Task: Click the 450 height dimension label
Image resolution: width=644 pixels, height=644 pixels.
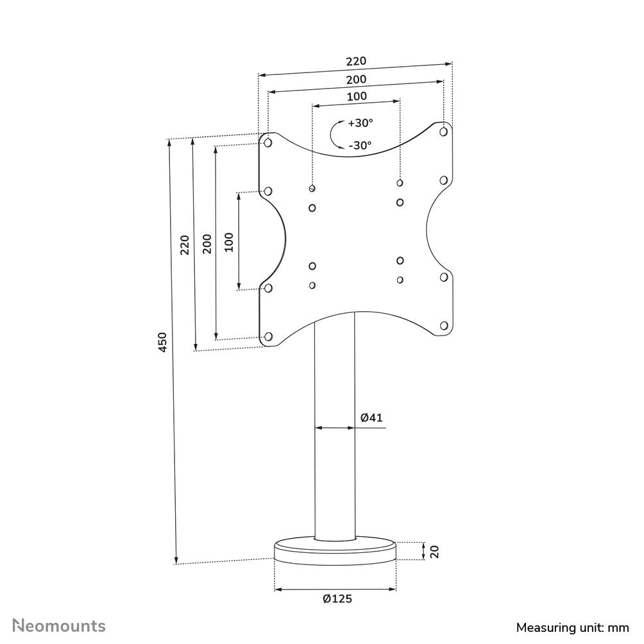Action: (x=163, y=342)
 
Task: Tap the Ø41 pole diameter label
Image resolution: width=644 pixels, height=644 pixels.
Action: (x=371, y=418)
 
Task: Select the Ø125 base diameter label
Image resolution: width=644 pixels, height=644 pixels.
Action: (x=337, y=599)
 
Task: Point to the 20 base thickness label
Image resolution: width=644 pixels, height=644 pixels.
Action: (x=434, y=551)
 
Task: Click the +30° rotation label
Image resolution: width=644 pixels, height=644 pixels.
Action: (x=360, y=123)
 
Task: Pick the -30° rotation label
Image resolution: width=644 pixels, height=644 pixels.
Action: (x=360, y=146)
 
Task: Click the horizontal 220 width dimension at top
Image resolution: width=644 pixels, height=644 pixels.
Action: (x=356, y=62)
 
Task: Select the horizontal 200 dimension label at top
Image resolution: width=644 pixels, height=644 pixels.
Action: (x=356, y=80)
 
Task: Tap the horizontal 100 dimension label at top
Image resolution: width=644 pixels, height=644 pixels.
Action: (x=357, y=96)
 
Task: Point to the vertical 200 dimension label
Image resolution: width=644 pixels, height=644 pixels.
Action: (x=207, y=244)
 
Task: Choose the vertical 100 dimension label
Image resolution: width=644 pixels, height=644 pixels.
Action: (x=229, y=241)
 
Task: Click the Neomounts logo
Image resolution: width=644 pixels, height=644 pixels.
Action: (x=60, y=625)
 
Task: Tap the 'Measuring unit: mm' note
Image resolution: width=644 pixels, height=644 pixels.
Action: (x=573, y=627)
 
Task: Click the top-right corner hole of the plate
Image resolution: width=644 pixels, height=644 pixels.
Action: (x=443, y=131)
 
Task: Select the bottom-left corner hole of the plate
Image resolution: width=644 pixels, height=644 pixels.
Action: (x=268, y=336)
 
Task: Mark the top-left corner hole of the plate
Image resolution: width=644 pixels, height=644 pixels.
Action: (x=268, y=142)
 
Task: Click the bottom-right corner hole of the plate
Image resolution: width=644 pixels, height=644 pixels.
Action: (x=443, y=326)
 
